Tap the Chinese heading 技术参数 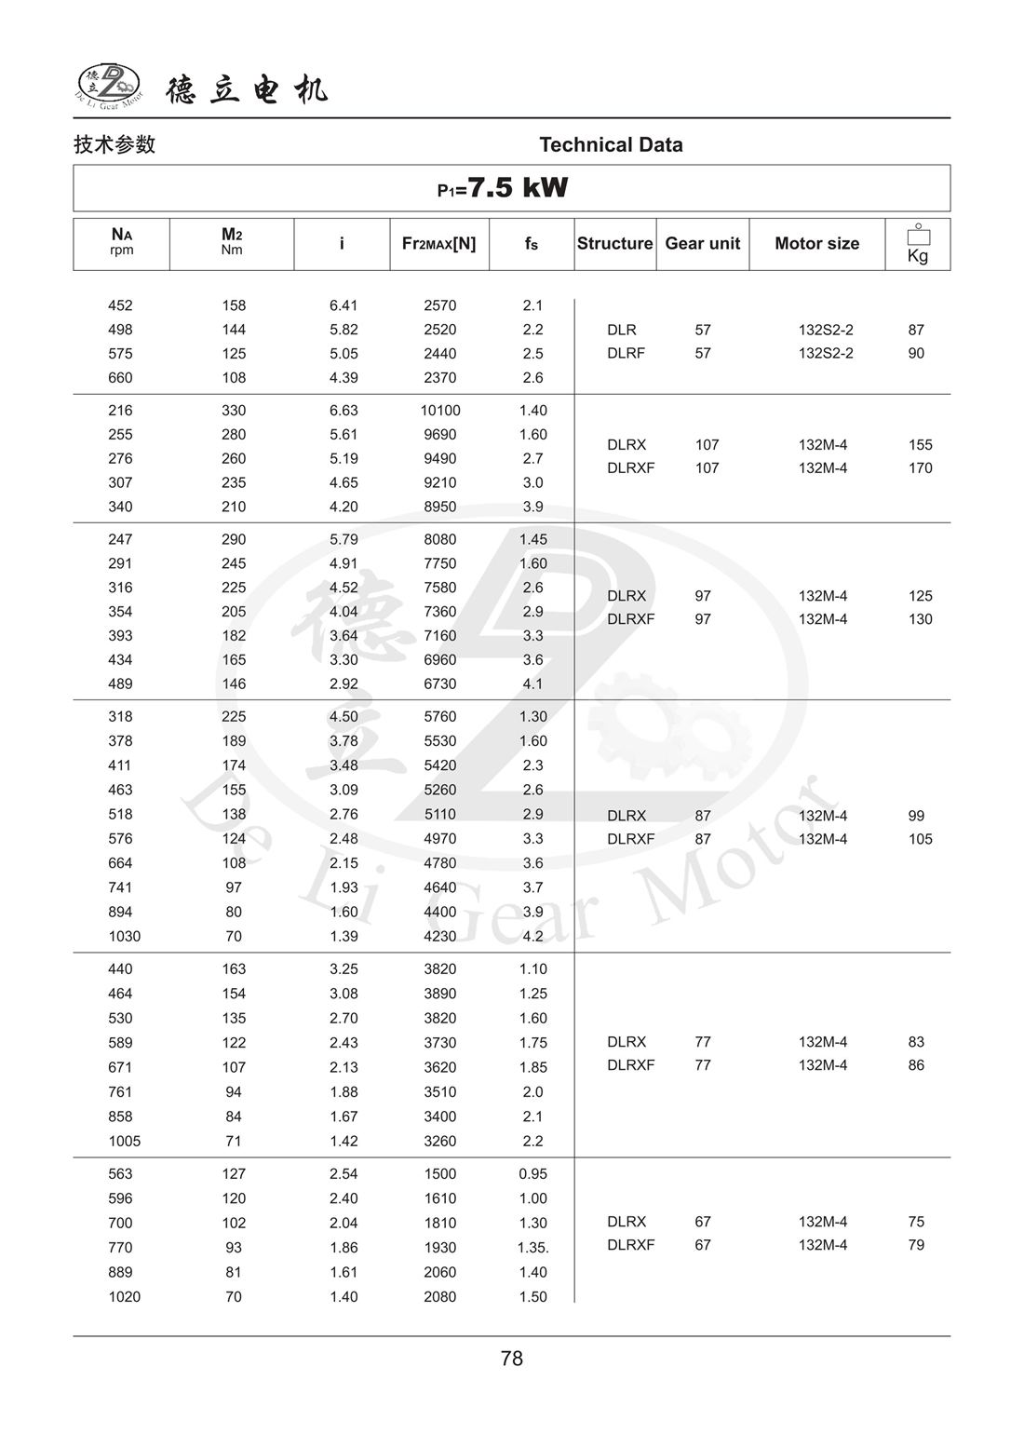coord(115,144)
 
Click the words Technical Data coord(611,144)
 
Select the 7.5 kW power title coord(503,188)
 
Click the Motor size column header coord(816,243)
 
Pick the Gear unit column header coord(702,243)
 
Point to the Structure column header coord(614,243)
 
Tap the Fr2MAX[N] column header coord(438,243)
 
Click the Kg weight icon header coord(918,244)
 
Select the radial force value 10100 coord(440,411)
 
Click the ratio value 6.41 coord(344,305)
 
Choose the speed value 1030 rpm coord(124,936)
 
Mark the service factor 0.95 coord(533,1174)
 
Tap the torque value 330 coord(234,411)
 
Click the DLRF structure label coord(626,353)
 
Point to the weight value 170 coord(920,468)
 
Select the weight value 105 coord(920,839)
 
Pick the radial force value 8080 coord(440,539)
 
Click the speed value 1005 coord(124,1141)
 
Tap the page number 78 coord(512,1359)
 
